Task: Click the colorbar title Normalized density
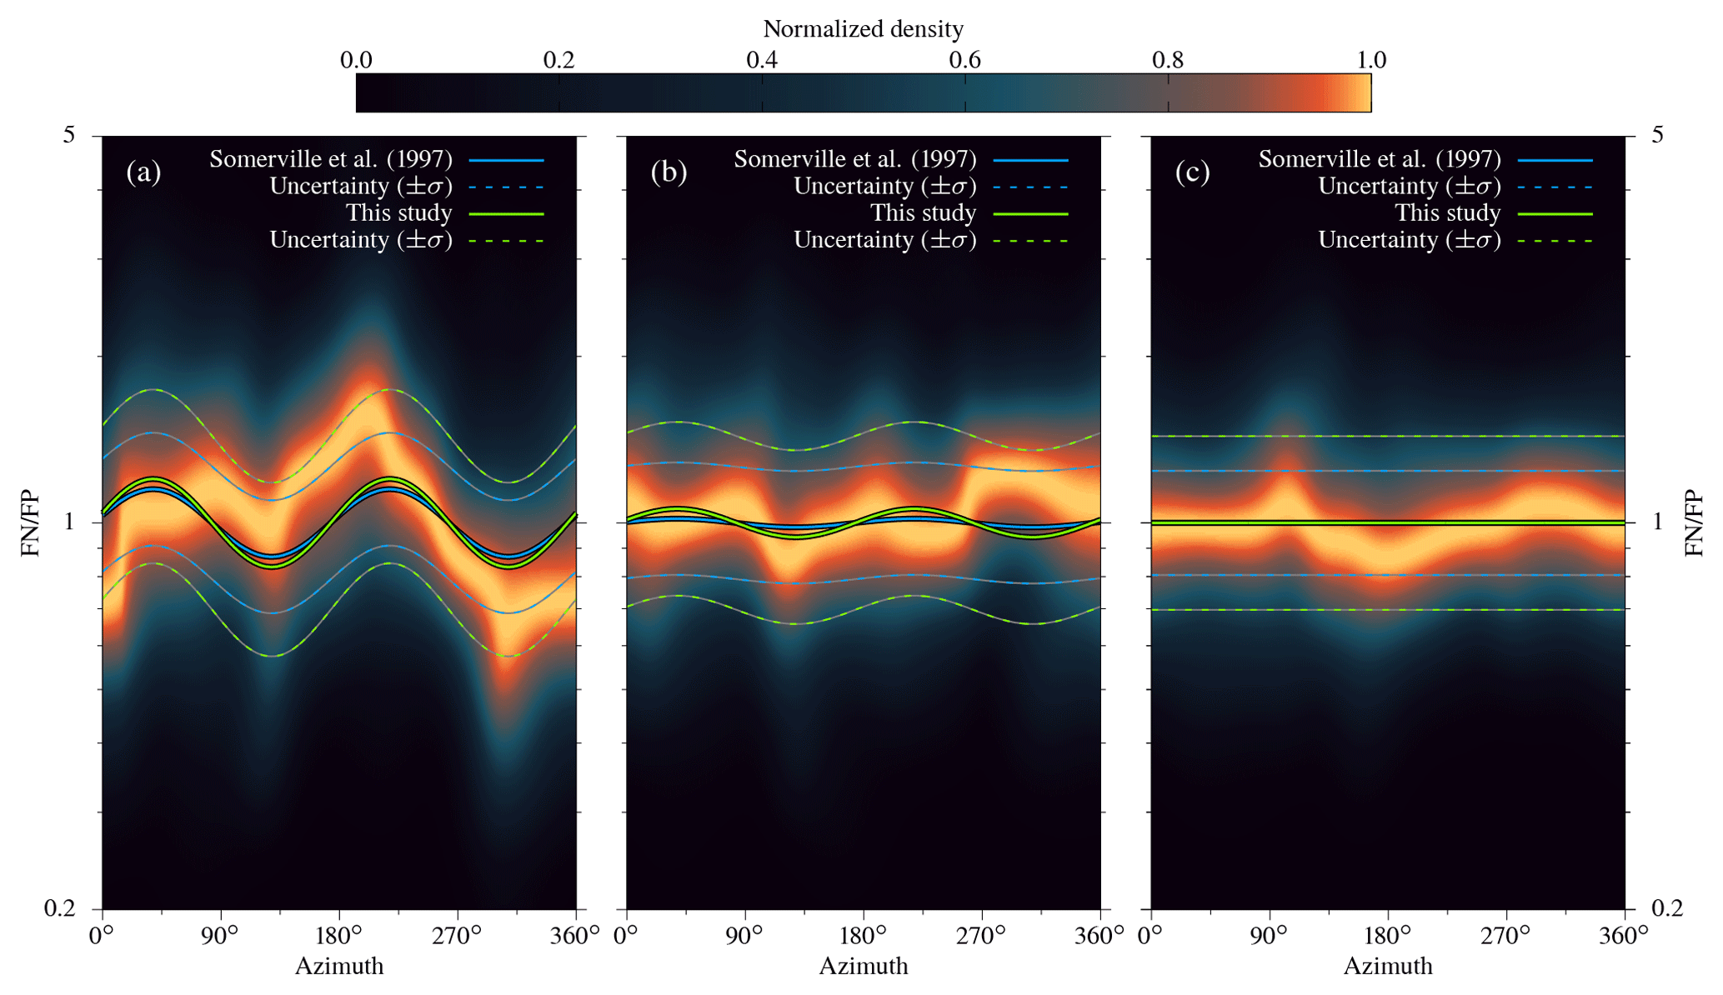(863, 29)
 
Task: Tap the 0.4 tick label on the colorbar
(761, 60)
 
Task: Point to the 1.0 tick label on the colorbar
(1371, 60)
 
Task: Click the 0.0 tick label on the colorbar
(356, 60)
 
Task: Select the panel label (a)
(143, 172)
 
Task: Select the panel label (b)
(669, 172)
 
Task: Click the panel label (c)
(1192, 172)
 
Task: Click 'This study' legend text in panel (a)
(398, 213)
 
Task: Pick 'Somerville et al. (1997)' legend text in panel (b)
(854, 159)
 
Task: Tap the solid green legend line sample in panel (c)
(1555, 214)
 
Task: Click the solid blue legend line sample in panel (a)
(506, 160)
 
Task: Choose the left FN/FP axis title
(30, 523)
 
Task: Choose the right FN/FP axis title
(1694, 523)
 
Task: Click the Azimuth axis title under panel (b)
(863, 967)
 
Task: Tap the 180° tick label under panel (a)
(338, 936)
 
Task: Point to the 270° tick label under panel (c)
(1505, 936)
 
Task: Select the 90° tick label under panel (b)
(744, 936)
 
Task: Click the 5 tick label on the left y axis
(68, 134)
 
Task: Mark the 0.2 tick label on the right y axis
(1667, 908)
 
